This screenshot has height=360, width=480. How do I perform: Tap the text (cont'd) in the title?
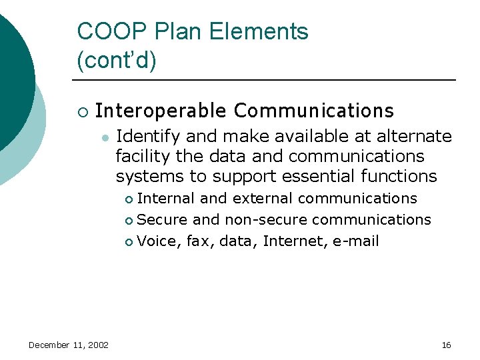tap(117, 61)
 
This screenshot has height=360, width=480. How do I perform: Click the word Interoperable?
tap(161, 110)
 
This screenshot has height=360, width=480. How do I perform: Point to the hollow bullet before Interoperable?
tap(82, 111)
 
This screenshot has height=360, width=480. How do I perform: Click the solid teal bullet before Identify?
tap(104, 137)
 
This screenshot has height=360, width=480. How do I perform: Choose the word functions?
tap(403, 177)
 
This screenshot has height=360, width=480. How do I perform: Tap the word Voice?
tap(157, 241)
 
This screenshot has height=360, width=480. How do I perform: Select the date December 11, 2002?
tap(69, 345)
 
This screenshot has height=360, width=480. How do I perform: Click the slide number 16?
tap(446, 345)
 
